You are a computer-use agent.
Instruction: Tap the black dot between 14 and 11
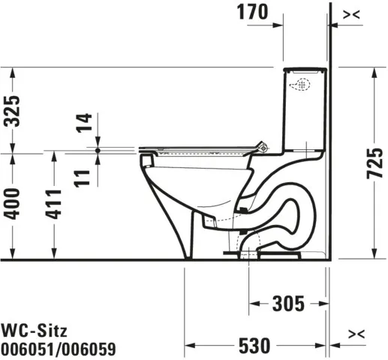pos(98,150)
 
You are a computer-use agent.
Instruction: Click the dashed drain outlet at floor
pos(251,250)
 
